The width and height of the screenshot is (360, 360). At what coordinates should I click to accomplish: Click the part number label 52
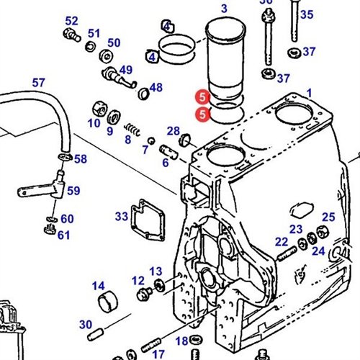point(71,21)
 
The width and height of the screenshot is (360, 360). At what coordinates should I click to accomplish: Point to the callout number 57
point(38,83)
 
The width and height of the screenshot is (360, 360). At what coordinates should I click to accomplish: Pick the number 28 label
point(174,130)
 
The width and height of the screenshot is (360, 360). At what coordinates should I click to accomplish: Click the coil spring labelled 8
point(131,130)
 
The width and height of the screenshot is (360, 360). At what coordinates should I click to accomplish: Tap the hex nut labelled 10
point(97,110)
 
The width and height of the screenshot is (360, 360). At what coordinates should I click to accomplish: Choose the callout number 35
point(307,14)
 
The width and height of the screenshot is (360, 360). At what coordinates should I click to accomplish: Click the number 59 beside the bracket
point(73,191)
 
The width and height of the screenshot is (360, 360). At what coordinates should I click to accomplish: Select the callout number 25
point(328,217)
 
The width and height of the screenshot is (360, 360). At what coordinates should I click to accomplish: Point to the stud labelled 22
point(286,253)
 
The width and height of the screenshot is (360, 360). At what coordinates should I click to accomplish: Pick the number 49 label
point(126,70)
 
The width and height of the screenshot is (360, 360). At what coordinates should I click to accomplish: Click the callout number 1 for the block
point(310,93)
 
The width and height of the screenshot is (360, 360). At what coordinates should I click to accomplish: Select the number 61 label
point(64,235)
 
